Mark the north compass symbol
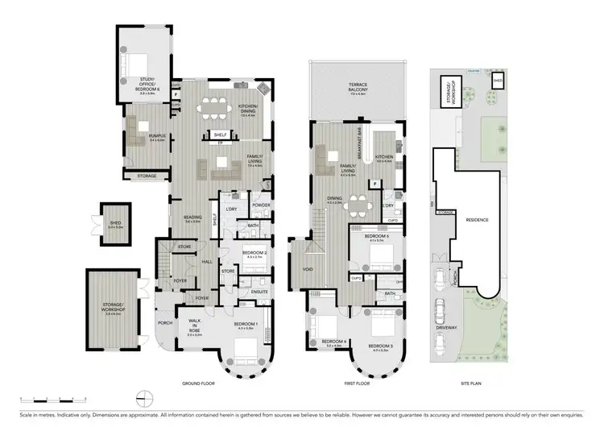click(146, 398)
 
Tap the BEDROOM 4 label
click(333, 342)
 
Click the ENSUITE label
click(259, 291)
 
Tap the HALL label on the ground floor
click(207, 262)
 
